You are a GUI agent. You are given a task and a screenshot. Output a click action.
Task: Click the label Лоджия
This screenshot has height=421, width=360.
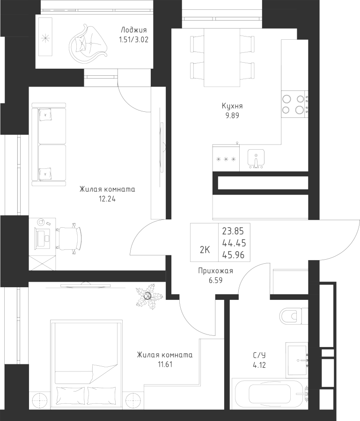point(130,31)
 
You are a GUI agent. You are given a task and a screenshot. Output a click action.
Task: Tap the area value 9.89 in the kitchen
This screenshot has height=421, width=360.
point(232,115)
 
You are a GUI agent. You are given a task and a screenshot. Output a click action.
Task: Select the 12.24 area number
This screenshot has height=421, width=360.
point(107,198)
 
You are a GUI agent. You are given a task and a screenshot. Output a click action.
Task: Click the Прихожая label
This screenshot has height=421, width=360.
point(215,271)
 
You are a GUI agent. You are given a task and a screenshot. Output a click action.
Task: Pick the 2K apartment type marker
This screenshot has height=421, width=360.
point(205,250)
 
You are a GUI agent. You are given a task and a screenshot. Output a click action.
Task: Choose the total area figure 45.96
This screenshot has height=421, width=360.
point(235,255)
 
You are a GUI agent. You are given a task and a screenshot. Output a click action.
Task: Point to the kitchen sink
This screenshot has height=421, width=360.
point(255,158)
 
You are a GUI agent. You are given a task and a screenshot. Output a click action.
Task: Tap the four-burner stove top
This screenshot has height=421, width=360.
point(294,104)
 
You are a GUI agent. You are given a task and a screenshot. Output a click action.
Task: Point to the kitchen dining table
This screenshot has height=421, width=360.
point(222,57)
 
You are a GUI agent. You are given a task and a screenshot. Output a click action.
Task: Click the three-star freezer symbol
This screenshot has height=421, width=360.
point(226,159)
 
